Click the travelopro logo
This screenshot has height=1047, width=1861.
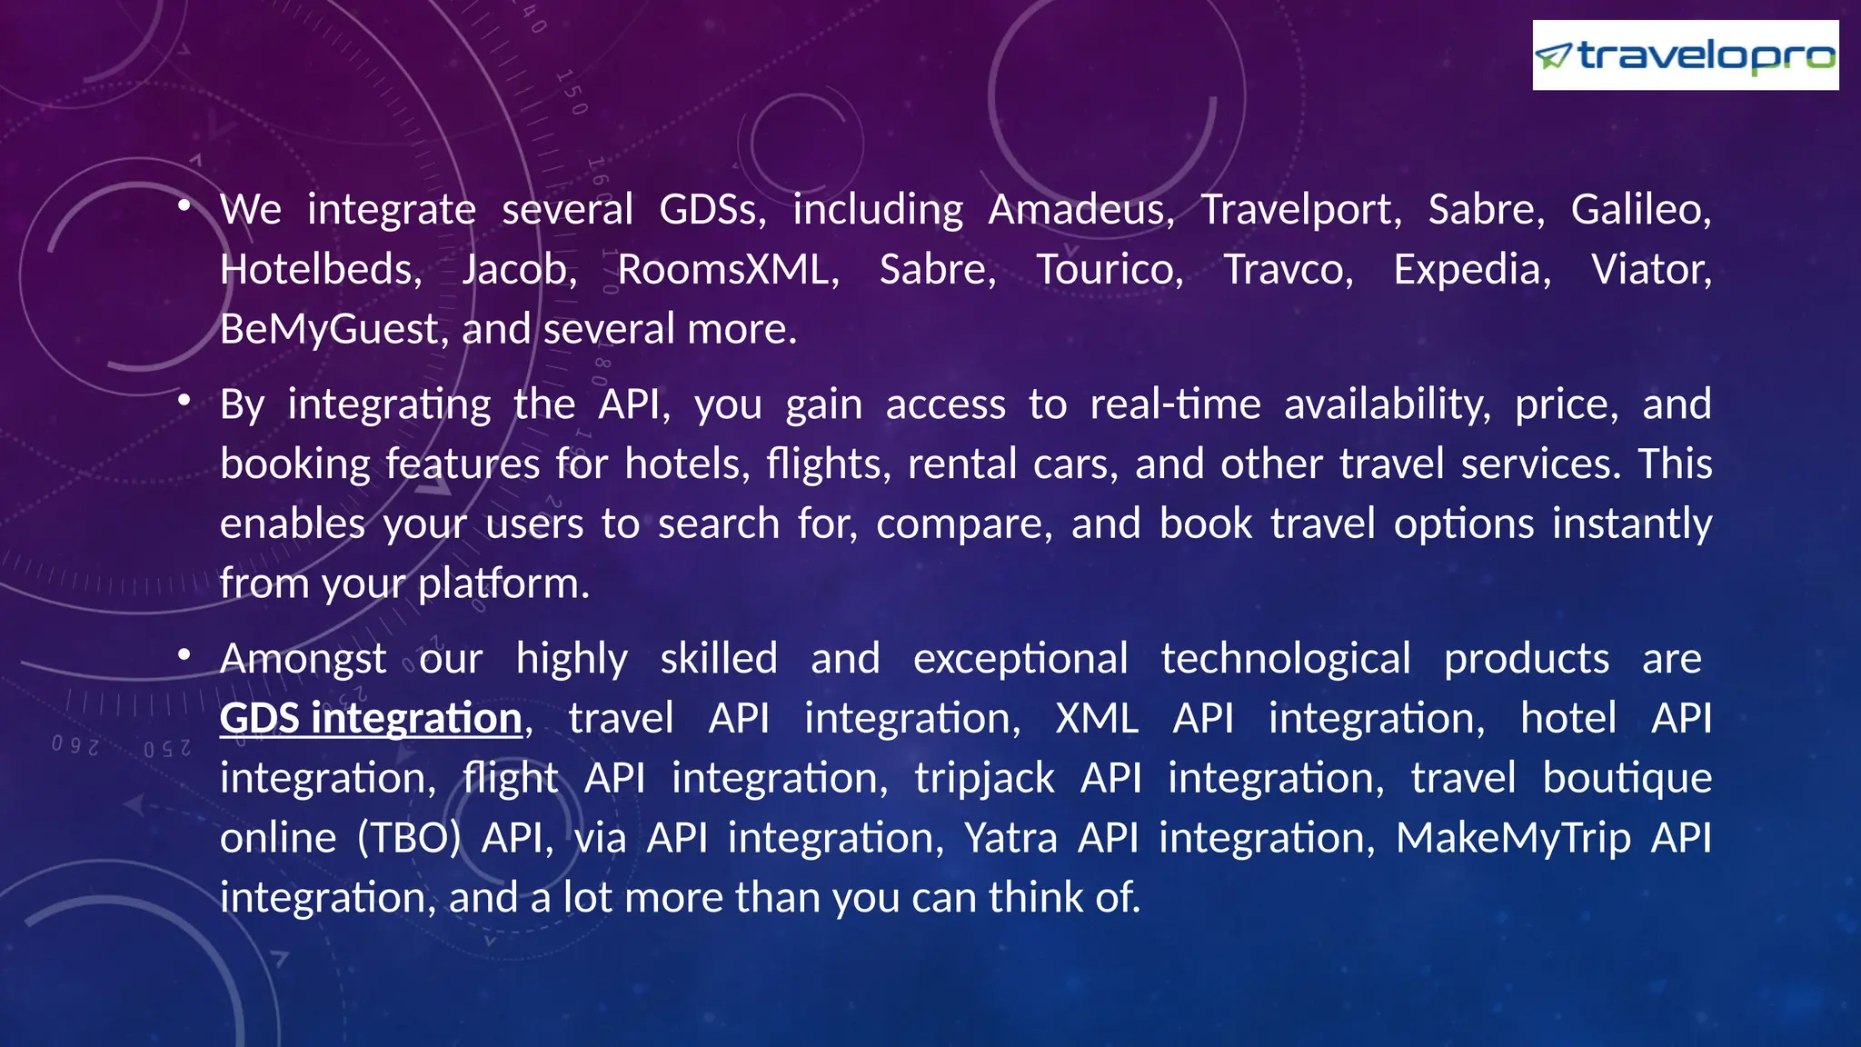pos(1685,55)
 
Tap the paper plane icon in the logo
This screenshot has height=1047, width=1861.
pos(1554,56)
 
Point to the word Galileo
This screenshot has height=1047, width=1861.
pos(1640,210)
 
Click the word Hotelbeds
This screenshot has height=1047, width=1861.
pos(320,270)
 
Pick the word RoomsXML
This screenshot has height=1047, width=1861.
pos(727,270)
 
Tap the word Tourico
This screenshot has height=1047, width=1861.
pos(1110,270)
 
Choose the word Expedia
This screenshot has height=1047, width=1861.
pos(1472,270)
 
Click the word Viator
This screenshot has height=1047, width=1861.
pos(1651,270)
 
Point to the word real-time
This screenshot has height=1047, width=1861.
pos(1175,404)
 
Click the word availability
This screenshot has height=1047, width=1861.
pos(1387,404)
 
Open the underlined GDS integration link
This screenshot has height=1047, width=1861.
pos(371,719)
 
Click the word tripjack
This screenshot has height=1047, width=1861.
pos(984,779)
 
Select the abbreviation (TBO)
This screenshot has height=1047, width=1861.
pos(409,838)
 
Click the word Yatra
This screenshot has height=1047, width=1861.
pos(1010,838)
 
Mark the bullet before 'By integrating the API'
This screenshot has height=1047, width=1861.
pos(184,399)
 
